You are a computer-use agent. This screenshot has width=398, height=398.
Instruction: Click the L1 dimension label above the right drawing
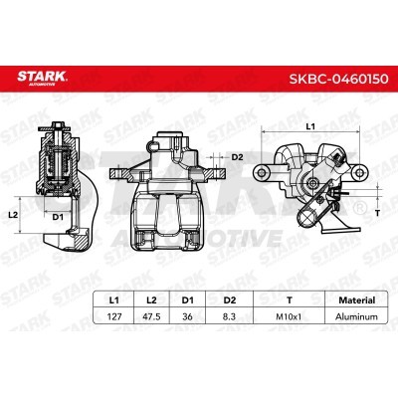tap(309, 126)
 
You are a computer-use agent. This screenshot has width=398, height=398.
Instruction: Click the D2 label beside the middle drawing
tap(237, 157)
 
